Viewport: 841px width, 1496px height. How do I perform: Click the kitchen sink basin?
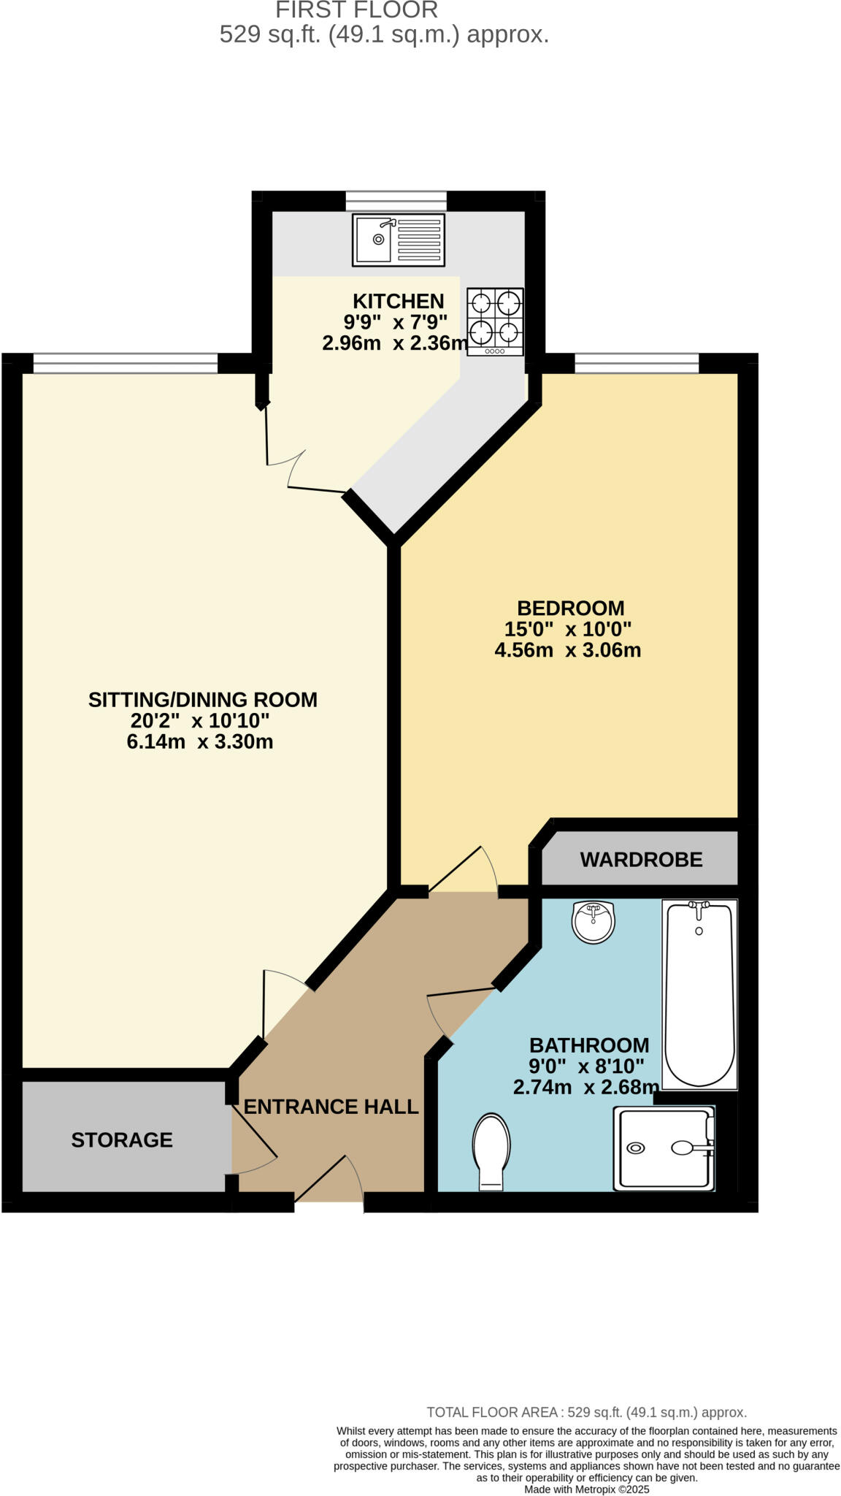pyautogui.click(x=375, y=239)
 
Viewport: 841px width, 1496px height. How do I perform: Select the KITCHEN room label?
pyautogui.click(x=398, y=301)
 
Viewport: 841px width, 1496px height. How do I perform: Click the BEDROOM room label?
pyautogui.click(x=570, y=608)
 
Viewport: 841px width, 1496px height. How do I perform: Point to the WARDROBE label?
pyautogui.click(x=641, y=860)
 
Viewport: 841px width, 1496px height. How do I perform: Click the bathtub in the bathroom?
pyautogui.click(x=699, y=995)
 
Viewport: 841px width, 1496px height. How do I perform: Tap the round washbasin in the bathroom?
pyautogui.click(x=594, y=922)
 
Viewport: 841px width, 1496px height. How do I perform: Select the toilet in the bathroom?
pyautogui.click(x=491, y=1149)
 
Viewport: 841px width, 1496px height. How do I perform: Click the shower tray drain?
pyautogui.click(x=636, y=1148)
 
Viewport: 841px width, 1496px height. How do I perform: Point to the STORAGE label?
pyautogui.click(x=122, y=1140)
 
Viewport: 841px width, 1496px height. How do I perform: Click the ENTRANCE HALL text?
pyautogui.click(x=331, y=1107)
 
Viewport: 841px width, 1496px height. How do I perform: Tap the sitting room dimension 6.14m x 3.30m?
pyautogui.click(x=200, y=742)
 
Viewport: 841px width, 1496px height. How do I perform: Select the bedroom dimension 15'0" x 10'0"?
pyautogui.click(x=567, y=629)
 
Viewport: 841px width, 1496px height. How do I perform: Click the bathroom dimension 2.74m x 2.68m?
pyautogui.click(x=585, y=1087)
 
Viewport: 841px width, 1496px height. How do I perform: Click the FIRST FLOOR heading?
pyautogui.click(x=356, y=10)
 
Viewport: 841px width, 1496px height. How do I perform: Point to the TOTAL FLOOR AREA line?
pyautogui.click(x=586, y=1413)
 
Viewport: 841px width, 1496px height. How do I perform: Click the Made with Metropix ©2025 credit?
pyautogui.click(x=586, y=1489)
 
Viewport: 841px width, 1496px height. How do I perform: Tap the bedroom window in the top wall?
pyautogui.click(x=637, y=362)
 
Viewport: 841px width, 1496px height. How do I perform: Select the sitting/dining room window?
pyautogui.click(x=126, y=362)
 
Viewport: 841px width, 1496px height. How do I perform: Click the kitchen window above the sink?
pyautogui.click(x=396, y=200)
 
